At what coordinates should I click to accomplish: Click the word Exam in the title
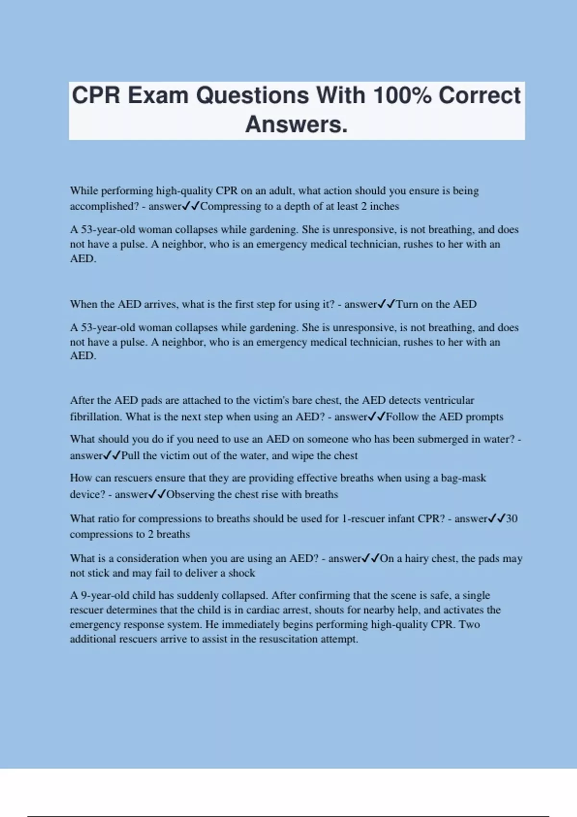(158, 95)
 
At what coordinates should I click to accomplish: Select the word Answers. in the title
(296, 124)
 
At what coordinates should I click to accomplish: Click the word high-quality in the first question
(184, 191)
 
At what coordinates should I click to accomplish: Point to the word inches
(384, 206)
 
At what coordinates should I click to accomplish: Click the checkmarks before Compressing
(191, 206)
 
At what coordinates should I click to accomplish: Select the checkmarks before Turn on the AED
(387, 304)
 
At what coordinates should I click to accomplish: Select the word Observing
(190, 495)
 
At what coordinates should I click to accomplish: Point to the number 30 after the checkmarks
(512, 519)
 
